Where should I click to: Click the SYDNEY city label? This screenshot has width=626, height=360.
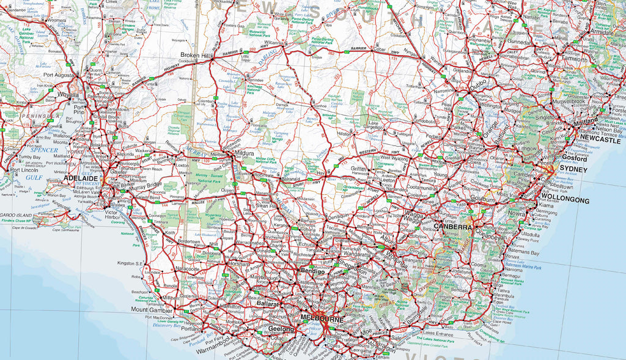coord(573,169)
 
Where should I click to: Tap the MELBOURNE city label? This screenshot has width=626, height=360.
coord(322,319)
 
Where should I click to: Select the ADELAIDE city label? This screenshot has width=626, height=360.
coord(82,178)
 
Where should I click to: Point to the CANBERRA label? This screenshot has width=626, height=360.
coord(453,227)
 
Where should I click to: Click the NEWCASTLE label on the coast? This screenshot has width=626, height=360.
coord(600,140)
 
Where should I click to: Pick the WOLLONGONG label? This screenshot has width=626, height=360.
coord(565,200)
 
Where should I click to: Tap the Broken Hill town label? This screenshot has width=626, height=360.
coord(195,56)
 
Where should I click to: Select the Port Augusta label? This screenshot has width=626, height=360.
coord(58,75)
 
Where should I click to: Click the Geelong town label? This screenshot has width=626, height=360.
coord(281,329)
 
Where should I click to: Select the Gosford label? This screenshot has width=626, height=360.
coord(573,158)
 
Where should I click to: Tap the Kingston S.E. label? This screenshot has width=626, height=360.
coord(130,263)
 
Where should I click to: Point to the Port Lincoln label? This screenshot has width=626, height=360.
coord(24,170)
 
